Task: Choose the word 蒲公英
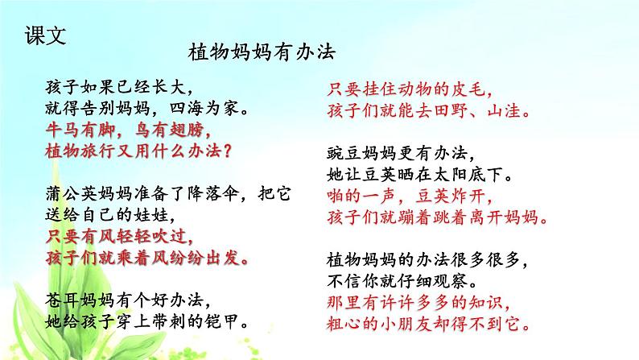coord(65,193)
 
